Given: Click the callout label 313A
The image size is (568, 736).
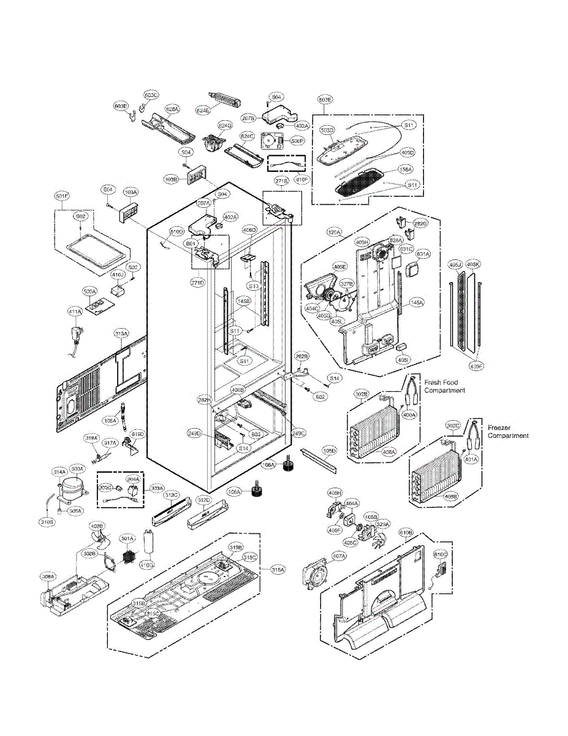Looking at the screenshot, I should (x=121, y=334).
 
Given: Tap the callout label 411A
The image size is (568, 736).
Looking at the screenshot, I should (x=74, y=312).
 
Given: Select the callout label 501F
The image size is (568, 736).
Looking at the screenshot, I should (x=62, y=196).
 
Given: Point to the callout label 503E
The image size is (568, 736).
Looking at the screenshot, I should (x=325, y=99).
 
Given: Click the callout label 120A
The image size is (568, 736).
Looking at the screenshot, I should (x=335, y=232).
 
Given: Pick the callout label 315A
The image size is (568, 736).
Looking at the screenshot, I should (x=278, y=570).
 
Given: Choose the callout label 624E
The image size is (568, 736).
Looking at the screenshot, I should (x=203, y=110).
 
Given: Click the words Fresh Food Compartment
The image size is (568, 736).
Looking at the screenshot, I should (x=444, y=386).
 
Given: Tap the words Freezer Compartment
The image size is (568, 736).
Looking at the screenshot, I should (x=507, y=431).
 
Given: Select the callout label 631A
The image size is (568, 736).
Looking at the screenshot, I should (x=423, y=253).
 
